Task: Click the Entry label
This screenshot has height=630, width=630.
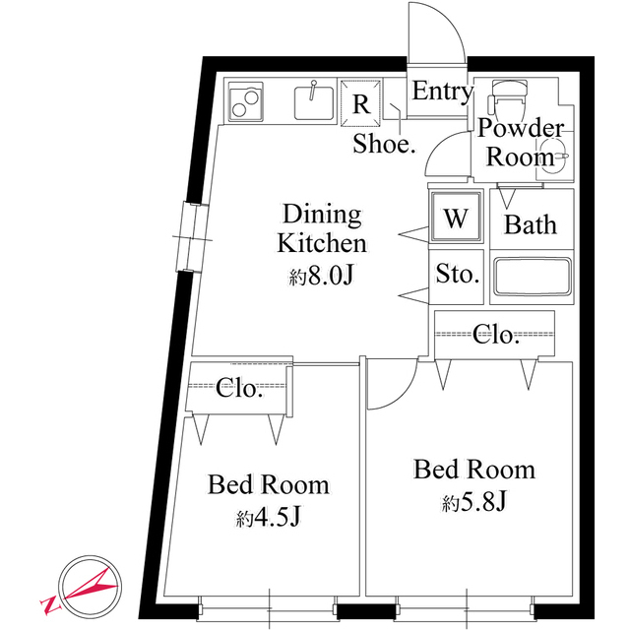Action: coord(442,92)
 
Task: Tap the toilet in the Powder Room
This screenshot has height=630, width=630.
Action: coord(507,97)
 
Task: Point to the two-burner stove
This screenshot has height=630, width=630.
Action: coord(246,100)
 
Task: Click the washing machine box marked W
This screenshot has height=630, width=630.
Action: coord(455,219)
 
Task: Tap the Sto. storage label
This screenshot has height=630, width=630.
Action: coord(457,274)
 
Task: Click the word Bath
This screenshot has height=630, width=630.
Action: coord(531,224)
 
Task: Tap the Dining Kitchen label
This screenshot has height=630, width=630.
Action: coord(322,228)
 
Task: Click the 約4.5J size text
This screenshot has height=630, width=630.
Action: coord(268,517)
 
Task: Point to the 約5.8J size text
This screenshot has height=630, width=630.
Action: coord(474,503)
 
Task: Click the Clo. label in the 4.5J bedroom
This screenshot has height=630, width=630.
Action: coord(239,388)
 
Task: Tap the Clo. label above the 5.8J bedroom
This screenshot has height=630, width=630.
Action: coord(495,335)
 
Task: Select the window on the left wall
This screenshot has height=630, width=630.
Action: coord(190,236)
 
